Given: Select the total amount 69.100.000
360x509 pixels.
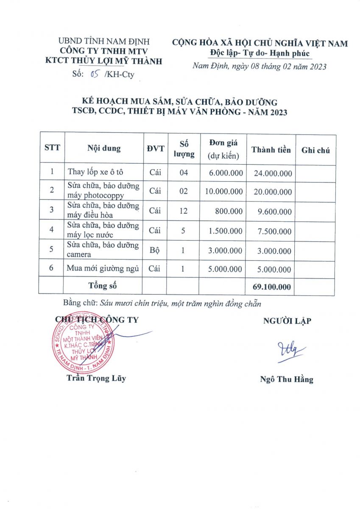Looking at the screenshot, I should pos(272,287).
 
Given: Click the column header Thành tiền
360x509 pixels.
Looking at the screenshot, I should pos(271,150).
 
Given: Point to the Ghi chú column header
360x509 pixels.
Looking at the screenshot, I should pos(315,150).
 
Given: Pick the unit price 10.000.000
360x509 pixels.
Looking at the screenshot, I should pos(224,191).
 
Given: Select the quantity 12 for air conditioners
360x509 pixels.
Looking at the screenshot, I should pos(183,211).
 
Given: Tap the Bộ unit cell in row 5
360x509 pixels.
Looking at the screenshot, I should pos(155,250).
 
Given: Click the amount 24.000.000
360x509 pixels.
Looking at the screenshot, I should pos(273,173).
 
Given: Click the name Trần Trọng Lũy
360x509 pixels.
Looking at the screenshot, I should pos(96,378).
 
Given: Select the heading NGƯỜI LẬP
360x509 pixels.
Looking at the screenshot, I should pos(287,321).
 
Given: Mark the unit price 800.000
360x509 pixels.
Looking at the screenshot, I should pos(229,211).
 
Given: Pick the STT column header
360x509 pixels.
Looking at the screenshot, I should pos(52,148).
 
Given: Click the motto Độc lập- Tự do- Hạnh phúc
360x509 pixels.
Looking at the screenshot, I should pos(260,53).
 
